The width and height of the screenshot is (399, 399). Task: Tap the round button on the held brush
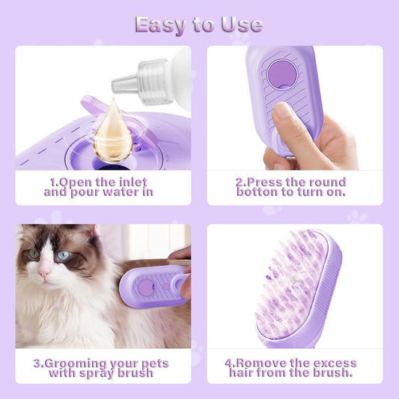tap(281, 75)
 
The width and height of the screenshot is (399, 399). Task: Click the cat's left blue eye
tap(34, 255)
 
